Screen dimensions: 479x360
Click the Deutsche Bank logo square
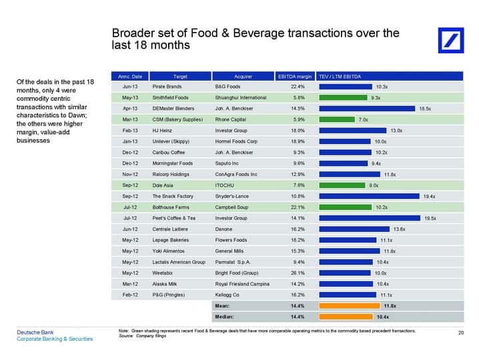451,40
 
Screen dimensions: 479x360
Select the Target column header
180,77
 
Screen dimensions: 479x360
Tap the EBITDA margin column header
295,77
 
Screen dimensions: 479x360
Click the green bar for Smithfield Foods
343,98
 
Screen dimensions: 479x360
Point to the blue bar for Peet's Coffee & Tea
370,218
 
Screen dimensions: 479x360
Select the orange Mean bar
350,306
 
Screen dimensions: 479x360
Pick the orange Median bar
346,317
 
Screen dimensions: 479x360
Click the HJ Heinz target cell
162,131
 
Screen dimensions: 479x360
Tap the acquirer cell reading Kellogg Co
227,295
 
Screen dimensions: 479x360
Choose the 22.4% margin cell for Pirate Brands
298,87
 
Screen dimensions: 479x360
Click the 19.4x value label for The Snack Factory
429,197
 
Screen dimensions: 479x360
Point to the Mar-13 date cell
130,120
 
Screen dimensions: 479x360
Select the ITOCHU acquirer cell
224,185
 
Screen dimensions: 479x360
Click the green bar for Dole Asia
342,185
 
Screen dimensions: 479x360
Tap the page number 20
461,333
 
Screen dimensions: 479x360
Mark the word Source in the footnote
125,336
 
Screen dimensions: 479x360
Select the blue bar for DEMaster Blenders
367,109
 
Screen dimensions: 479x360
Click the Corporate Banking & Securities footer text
55,339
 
